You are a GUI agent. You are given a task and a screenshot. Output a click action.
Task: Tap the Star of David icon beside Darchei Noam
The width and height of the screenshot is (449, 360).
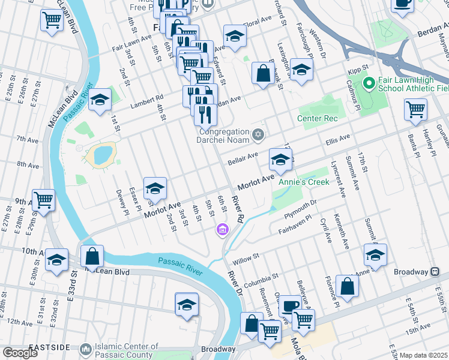coord(258,133)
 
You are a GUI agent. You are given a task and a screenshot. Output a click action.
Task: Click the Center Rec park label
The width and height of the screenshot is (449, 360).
coord(318,118)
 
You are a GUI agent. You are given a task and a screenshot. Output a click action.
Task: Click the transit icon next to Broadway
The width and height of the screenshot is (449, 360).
coord(433,272)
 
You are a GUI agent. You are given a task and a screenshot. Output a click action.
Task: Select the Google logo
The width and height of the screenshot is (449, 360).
coord(20,353)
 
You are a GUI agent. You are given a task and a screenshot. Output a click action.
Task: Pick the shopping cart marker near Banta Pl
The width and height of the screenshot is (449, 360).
coord(415,110)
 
